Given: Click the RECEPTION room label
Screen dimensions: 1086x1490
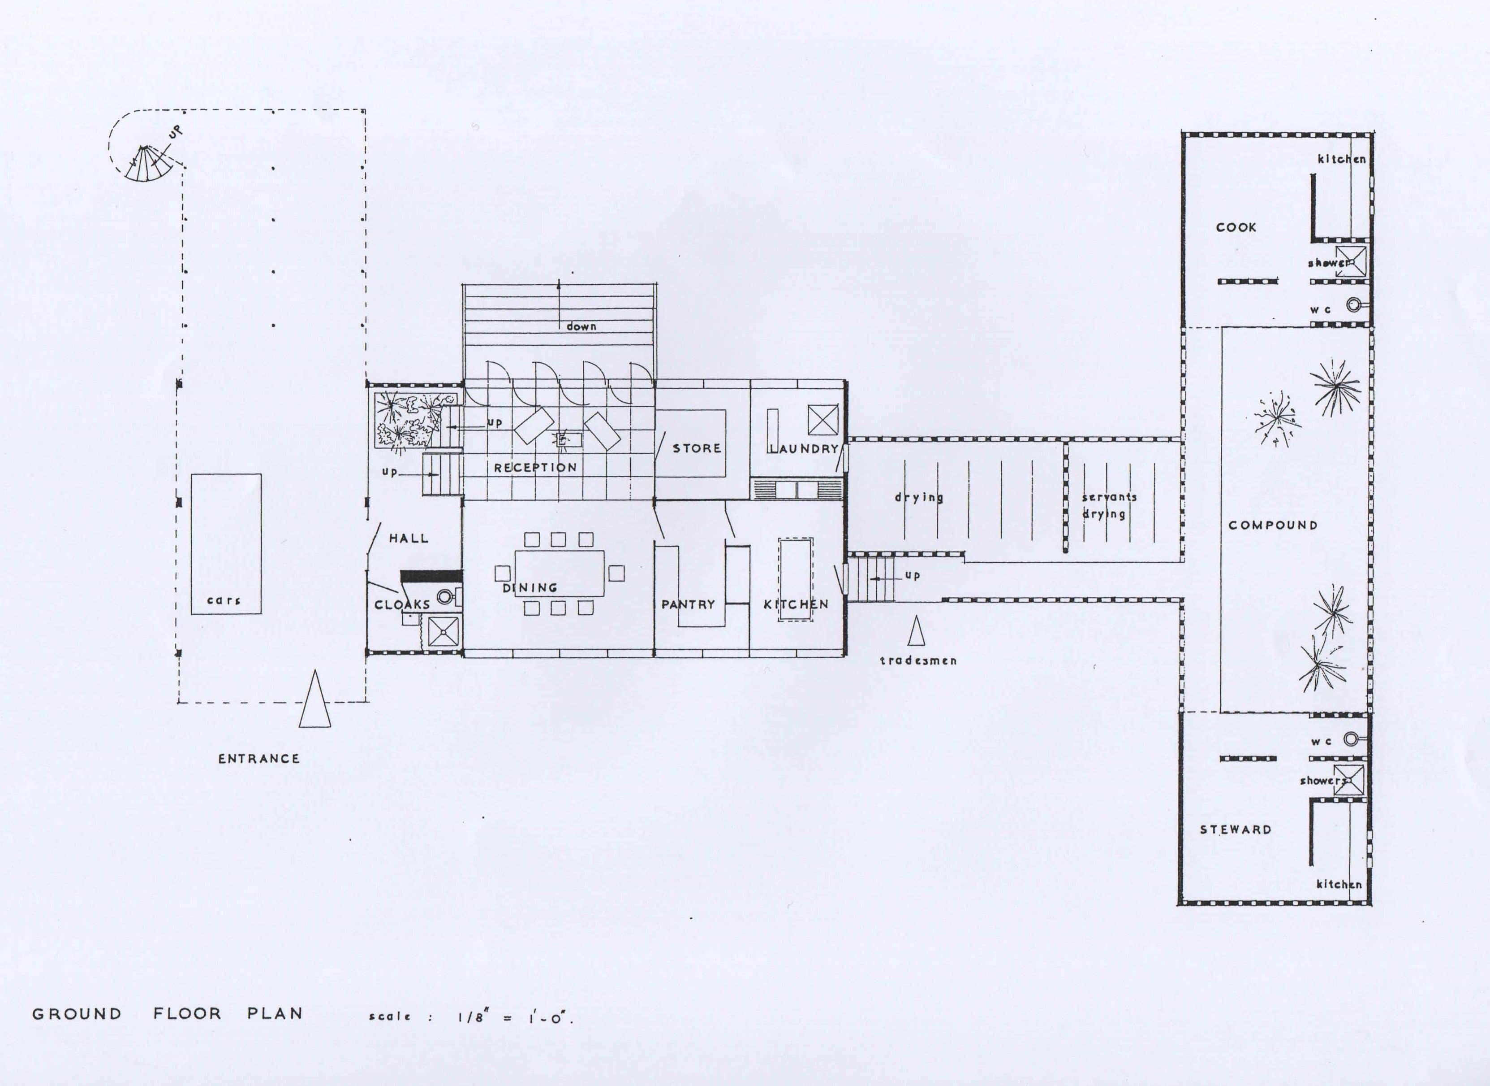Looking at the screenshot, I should pos(535,467).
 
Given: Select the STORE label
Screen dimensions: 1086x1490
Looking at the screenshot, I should pos(696,448).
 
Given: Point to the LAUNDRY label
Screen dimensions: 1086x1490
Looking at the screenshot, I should pos(804,449).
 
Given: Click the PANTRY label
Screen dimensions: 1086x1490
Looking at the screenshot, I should pos(688,604).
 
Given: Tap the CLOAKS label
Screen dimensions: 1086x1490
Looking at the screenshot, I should pos(402,604).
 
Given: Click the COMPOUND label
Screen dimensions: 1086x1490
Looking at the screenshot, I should pos(1273,525).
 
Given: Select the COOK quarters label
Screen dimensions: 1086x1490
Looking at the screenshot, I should pos(1236,227).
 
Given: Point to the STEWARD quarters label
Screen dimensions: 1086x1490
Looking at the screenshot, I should pos(1236,830).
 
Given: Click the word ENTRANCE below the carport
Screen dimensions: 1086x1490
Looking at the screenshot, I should pos(259,759).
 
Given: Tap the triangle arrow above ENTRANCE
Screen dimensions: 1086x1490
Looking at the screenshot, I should pos(314,701).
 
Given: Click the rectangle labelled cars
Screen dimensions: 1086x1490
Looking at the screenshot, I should pos(226,544).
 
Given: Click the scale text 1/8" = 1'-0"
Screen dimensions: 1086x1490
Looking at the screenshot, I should pos(515,1018).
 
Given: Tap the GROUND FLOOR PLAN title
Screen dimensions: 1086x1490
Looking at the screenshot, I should pos(168,1014).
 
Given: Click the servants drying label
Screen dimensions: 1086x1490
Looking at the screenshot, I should pos(1109,505).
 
